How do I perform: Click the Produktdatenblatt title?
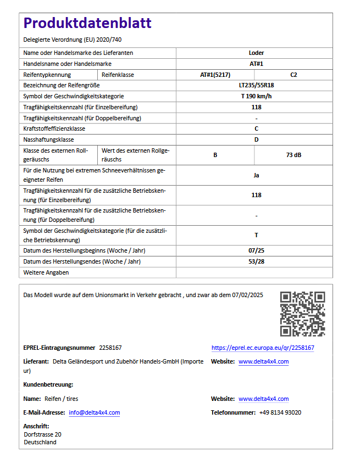point(87,23)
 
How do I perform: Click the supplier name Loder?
point(256,53)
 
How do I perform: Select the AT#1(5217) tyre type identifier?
point(215,75)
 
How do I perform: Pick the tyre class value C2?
point(293,75)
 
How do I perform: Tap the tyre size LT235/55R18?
point(256,86)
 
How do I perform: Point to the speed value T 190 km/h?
point(256,96)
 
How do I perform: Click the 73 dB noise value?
point(293,155)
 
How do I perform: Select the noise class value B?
point(215,155)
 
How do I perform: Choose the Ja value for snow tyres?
point(256,175)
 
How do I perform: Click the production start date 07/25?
point(256,250)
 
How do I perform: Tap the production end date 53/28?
point(256,261)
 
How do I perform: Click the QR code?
point(302,314)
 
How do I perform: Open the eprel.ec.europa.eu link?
point(263,348)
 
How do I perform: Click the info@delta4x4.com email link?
point(94,412)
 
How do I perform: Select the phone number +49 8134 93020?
point(280,412)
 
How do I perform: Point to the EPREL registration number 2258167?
point(110,348)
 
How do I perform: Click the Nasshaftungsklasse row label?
point(49,139)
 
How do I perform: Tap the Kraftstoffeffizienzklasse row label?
point(54,129)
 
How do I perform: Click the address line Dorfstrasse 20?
point(42,434)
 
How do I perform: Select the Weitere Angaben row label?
point(46,272)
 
